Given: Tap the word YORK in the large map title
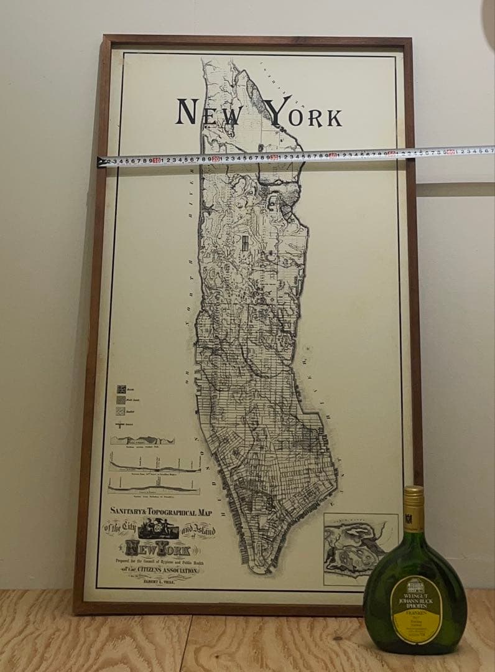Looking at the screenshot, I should [x=303, y=114].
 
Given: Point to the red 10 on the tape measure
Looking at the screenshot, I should [x=156, y=160].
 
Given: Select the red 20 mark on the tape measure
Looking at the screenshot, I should [x=215, y=158].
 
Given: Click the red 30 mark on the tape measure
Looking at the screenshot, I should [x=274, y=156].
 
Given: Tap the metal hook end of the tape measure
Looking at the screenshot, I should [x=101, y=162].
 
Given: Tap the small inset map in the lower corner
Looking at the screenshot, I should [x=360, y=548].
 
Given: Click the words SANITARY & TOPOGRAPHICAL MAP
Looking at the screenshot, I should [x=161, y=512].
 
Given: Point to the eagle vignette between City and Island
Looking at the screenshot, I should [x=158, y=530].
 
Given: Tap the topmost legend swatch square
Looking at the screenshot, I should [x=121, y=388].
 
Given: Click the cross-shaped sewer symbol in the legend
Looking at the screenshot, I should [x=121, y=424].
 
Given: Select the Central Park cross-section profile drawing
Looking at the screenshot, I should [x=142, y=440].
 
